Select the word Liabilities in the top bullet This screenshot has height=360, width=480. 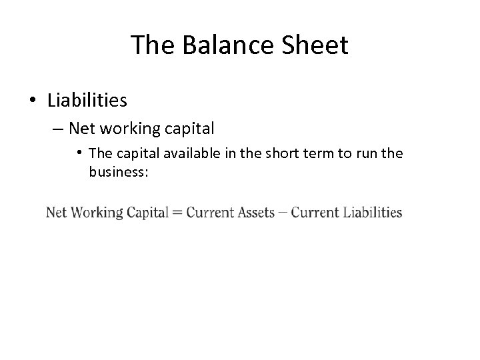point(87,100)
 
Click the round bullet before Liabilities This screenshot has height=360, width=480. point(33,101)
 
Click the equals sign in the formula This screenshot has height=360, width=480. point(178,213)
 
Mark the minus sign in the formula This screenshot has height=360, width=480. point(283,213)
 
